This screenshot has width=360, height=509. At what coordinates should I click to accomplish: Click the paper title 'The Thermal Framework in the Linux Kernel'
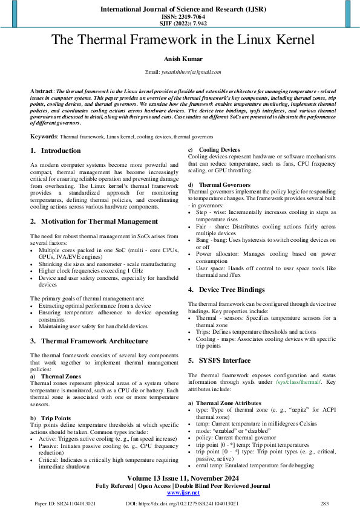pos(182,41)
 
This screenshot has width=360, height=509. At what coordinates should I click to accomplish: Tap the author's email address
pos(188,72)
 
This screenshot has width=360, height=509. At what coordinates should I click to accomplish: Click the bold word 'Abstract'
pos(42,90)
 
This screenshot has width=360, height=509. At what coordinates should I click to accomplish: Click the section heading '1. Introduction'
pos(55,151)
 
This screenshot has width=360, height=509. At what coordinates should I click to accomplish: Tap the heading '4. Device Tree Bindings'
pos(226,290)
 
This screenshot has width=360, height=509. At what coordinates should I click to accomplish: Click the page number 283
pos(324,503)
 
